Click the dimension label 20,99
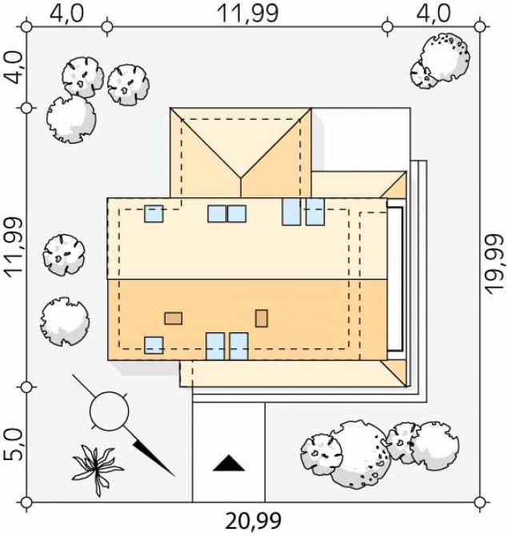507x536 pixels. (x=253, y=522)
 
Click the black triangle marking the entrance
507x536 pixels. (x=228, y=463)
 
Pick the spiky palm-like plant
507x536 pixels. (x=96, y=467)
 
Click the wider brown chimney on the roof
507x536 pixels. (x=174, y=318)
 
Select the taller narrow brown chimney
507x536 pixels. (x=261, y=318)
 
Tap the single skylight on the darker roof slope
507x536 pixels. (x=154, y=345)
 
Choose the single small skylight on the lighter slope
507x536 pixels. (x=154, y=213)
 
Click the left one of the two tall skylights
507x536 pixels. (x=292, y=212)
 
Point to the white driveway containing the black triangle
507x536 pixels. (x=229, y=447)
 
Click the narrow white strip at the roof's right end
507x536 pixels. (x=395, y=279)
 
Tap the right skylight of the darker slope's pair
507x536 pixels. (x=239, y=347)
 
